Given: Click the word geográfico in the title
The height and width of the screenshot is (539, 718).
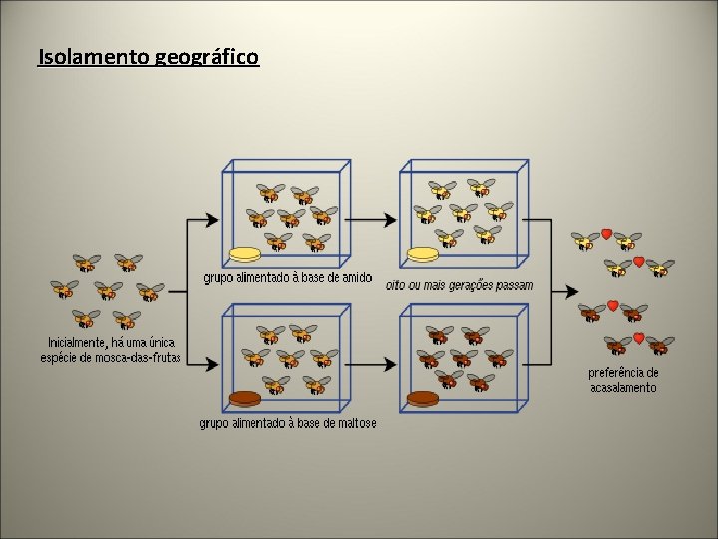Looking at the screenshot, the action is [207, 58].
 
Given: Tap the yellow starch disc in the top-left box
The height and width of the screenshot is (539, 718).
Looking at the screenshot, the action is [245, 254].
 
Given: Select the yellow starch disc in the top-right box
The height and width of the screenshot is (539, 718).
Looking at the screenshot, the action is [422, 256].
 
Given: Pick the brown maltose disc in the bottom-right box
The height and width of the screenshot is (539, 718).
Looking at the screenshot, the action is [422, 400].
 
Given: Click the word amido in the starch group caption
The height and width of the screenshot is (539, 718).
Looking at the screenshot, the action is [356, 277].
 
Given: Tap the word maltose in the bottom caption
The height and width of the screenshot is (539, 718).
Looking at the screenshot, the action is [355, 423].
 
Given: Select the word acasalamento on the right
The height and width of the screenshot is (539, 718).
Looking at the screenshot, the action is [624, 387].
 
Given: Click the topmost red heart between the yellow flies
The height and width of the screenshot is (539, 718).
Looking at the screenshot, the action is [606, 234].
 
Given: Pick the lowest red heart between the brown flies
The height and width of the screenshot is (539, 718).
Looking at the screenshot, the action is [638, 338].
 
